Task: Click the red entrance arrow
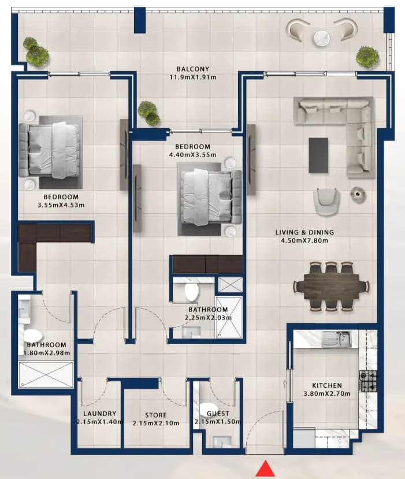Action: coord(266,469)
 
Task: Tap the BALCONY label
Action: coord(193,69)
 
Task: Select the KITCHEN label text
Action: coord(327,385)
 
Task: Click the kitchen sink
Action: coord(336,339)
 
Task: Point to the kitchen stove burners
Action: coord(368,381)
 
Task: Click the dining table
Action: coord(331,287)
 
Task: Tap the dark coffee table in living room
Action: coord(318,155)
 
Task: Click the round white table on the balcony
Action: coord(322,38)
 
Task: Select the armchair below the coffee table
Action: coord(326,202)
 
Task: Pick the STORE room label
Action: coord(156,415)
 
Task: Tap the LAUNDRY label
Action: coord(99,414)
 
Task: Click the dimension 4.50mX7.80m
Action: coord(304,240)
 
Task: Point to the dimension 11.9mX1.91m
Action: coord(193,77)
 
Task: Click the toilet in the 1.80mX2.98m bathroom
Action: coord(33,336)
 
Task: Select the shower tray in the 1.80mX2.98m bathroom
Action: coord(46,374)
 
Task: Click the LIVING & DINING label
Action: coord(304,232)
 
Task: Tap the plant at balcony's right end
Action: coord(367,57)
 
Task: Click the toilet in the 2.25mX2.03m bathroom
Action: coord(192,291)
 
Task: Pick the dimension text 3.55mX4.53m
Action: coord(61,205)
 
